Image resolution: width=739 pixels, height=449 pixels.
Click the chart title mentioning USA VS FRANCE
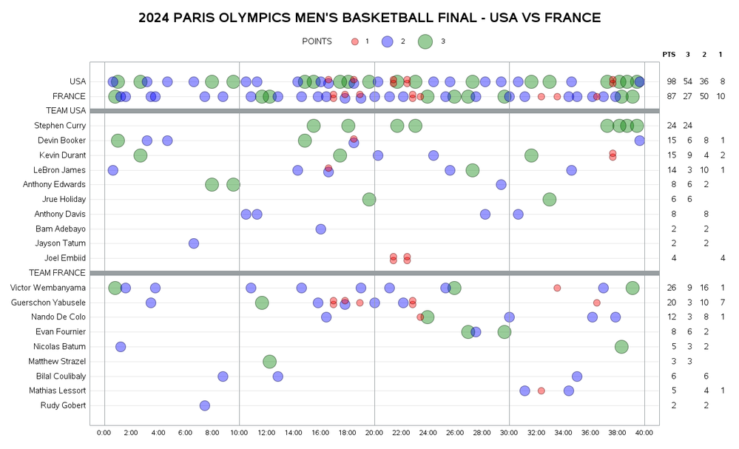(369, 18)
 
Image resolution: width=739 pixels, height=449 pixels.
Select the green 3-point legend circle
(425, 41)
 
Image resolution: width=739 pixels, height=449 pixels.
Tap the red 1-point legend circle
(355, 41)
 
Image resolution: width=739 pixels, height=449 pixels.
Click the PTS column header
(669, 54)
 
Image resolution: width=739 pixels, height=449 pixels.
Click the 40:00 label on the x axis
(644, 432)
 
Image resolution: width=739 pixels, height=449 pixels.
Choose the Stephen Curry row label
(61, 126)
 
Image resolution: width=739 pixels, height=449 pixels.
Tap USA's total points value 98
(671, 81)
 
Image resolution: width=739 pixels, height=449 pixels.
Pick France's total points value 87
(671, 96)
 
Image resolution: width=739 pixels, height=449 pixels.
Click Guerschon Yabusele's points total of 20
(671, 303)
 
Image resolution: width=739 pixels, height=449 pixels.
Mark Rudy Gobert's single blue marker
(205, 405)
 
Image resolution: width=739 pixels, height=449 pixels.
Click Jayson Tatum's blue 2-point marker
(194, 243)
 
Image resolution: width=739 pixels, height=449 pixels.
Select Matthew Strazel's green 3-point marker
(269, 361)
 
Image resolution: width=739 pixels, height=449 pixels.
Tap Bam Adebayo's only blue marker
(321, 229)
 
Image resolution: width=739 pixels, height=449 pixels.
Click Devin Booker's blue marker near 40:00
(640, 141)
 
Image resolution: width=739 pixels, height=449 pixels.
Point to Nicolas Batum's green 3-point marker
(621, 346)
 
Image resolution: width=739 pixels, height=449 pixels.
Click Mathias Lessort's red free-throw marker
(541, 391)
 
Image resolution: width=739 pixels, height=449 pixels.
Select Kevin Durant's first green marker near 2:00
(141, 155)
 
